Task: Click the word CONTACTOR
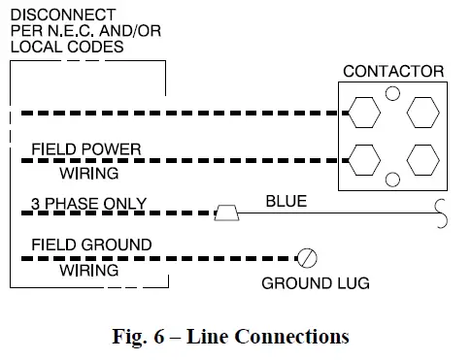[x=393, y=72]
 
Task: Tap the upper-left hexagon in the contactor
[x=362, y=111]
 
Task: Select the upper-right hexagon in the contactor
[x=423, y=112]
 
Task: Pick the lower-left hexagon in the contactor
[x=362, y=158]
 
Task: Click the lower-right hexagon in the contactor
[x=423, y=158]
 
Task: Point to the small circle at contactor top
[x=392, y=94]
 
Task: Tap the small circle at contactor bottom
[x=393, y=180]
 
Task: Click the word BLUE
[x=287, y=202]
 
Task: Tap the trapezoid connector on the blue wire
[x=226, y=213]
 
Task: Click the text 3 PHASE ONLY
[x=88, y=204]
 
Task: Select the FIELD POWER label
[x=86, y=149]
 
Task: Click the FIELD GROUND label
[x=91, y=245]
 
